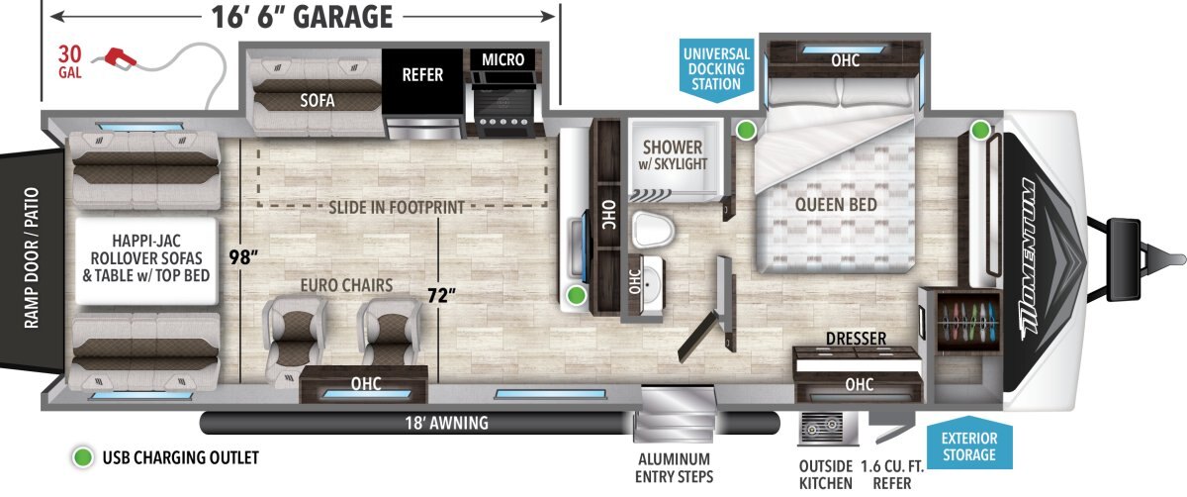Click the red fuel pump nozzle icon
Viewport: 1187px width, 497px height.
[x=121, y=58]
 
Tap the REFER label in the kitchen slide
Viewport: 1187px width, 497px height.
[x=422, y=75]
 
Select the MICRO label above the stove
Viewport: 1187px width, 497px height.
[x=502, y=59]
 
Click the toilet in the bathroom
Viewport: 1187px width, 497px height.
[x=653, y=229]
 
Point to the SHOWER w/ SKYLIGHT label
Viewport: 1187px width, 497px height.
[x=673, y=154]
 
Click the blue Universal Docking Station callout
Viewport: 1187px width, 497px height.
[x=716, y=69]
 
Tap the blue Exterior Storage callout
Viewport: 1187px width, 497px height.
[x=969, y=445]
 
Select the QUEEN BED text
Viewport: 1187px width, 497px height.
[x=836, y=204]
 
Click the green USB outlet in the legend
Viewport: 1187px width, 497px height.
[x=83, y=457]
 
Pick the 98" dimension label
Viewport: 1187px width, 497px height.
[x=243, y=257]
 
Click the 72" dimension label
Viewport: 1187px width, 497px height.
[x=441, y=295]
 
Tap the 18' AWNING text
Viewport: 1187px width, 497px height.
[x=447, y=423]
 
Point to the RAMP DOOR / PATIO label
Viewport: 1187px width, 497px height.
[x=32, y=257]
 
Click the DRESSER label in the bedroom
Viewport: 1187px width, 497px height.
[x=856, y=338]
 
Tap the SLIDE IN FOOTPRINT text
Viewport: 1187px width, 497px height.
[x=397, y=207]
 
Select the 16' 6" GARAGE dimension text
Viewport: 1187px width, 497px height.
[x=302, y=17]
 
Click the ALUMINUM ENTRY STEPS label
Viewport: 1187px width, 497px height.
[x=674, y=468]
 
